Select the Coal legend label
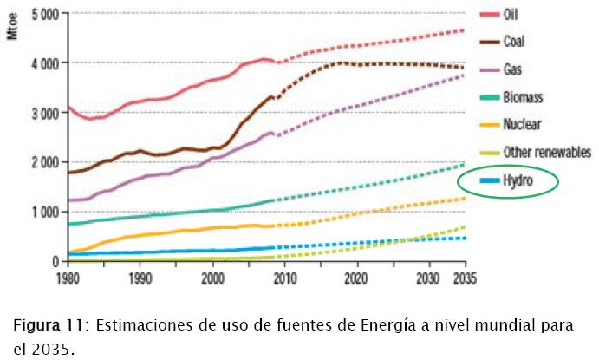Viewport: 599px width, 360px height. [515, 40]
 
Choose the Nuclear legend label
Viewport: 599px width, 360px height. [522, 123]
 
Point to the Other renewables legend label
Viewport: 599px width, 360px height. [546, 151]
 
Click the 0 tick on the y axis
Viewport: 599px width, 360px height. [55, 261]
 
